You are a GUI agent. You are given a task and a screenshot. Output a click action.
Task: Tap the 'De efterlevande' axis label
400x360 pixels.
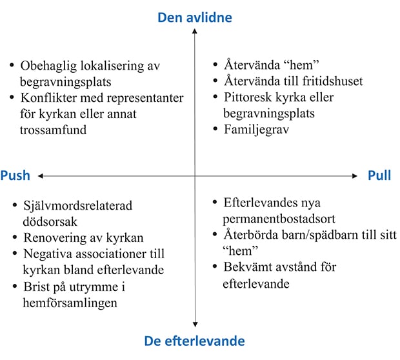tap(194, 340)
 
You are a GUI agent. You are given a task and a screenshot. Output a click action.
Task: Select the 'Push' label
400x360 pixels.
tap(15, 176)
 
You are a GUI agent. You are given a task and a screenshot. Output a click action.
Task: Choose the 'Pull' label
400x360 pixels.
tap(379, 176)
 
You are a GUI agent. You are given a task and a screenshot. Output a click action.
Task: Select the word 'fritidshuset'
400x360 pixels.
tap(326, 82)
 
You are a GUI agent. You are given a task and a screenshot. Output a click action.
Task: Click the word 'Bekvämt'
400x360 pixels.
tap(248, 266)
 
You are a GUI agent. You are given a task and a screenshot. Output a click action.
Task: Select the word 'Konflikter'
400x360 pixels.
tap(50, 98)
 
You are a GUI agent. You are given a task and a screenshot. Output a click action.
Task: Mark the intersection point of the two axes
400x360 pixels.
tap(194, 175)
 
